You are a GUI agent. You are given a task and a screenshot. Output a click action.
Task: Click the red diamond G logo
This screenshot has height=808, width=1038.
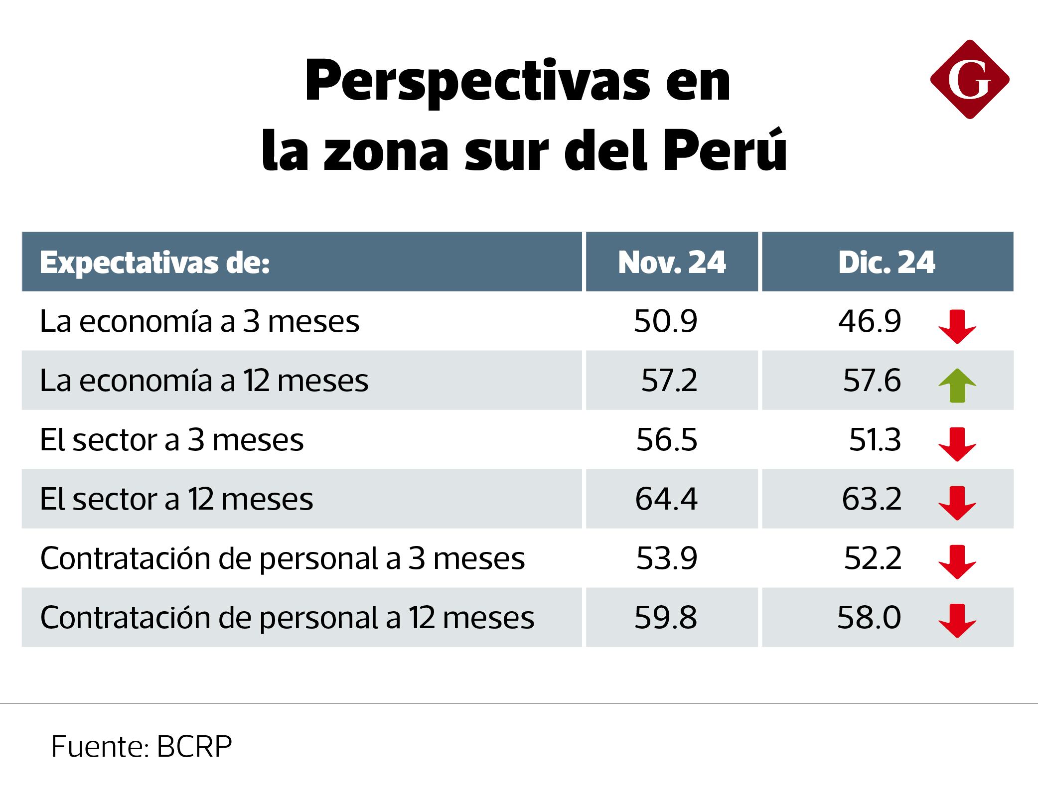coord(969,80)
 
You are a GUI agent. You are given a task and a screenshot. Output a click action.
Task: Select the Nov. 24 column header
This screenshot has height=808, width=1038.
coord(672,262)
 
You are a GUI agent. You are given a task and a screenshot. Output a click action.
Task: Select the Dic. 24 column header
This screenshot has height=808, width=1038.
coord(887,262)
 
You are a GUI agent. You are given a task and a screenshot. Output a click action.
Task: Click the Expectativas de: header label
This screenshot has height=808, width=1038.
coord(155,262)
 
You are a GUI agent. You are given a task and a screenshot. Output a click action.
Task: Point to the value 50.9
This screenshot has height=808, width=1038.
coord(666,321)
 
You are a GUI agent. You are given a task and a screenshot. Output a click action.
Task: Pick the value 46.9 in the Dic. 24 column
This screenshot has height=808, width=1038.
coord(870,321)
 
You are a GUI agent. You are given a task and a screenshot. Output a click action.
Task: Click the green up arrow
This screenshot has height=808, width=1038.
coord(957,385)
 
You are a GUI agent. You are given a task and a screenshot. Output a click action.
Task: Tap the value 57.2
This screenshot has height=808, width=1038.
coord(669,381)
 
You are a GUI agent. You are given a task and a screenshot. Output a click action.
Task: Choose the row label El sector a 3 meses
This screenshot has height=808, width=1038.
coord(172,440)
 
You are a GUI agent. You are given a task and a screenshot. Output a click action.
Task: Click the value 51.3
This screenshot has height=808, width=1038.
coord(875,440)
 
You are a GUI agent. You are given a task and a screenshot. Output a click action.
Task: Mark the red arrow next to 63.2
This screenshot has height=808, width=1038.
coord(957,503)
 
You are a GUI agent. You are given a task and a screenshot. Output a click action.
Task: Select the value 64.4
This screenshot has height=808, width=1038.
coord(666,499)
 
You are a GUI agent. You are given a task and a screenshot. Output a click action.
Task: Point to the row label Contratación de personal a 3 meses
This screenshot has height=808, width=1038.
coord(283,558)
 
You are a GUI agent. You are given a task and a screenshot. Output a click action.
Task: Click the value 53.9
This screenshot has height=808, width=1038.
coord(666,558)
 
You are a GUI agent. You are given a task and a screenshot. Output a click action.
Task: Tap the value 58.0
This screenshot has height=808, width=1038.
coord(869,618)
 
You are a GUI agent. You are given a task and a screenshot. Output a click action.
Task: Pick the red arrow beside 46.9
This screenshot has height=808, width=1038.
coord(957,326)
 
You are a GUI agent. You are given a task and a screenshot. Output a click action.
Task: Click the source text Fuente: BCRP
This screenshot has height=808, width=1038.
coord(142,747)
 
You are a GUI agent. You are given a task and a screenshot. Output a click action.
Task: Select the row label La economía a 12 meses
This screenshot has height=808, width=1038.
coord(204,381)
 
